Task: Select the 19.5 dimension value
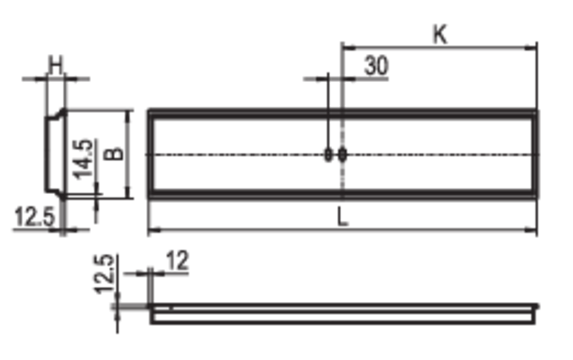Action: pos(29,213)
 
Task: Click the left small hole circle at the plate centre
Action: pos(328,155)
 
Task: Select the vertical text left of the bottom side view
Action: pos(101,273)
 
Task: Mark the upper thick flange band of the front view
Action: pos(341,114)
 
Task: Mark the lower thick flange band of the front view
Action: pos(341,195)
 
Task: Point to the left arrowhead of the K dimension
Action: pos(345,43)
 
